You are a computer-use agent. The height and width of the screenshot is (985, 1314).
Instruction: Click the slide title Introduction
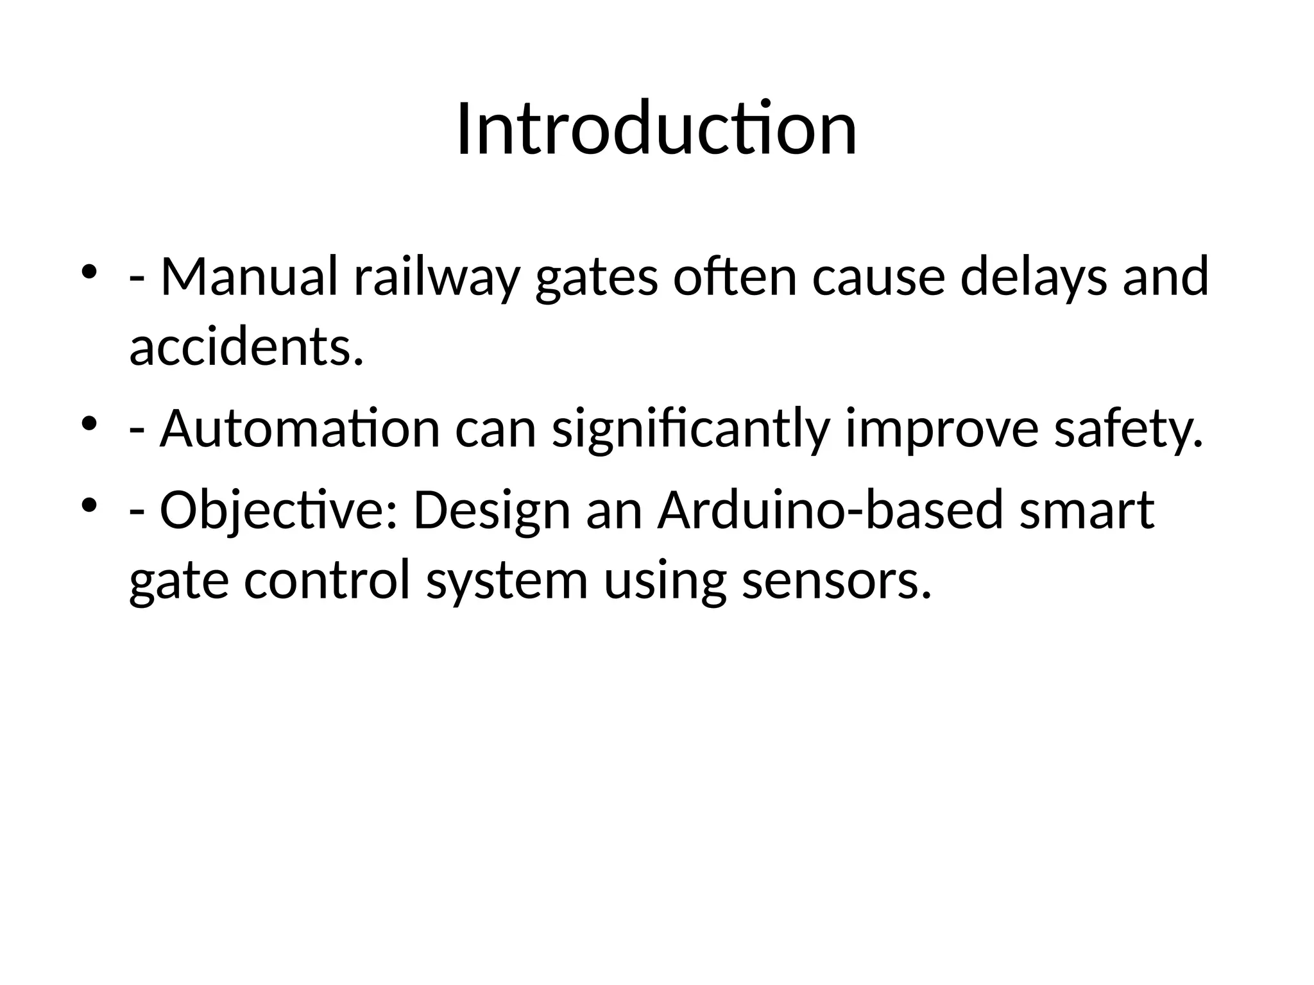[x=656, y=130]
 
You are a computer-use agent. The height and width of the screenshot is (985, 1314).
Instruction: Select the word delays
[x=1033, y=278]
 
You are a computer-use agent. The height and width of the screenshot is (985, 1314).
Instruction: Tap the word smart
[x=1087, y=510]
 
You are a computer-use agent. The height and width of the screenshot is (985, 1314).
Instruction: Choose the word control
[x=327, y=580]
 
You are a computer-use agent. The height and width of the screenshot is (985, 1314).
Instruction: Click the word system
[x=507, y=582]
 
